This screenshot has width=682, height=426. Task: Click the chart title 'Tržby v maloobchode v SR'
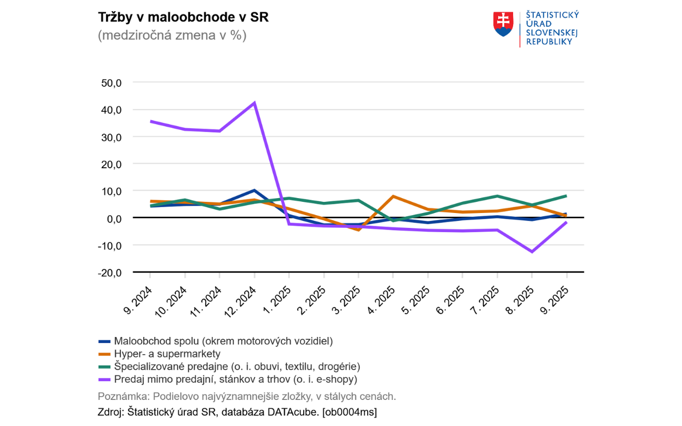[x=183, y=17]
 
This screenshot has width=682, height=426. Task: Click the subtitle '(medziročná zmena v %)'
[x=172, y=36]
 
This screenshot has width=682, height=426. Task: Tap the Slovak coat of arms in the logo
[x=504, y=24]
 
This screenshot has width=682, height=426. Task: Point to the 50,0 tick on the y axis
[x=112, y=83]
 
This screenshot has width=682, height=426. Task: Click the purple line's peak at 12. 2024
[x=254, y=103]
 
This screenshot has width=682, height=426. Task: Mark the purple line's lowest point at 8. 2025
[x=532, y=251]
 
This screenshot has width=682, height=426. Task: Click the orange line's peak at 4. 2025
[x=393, y=196]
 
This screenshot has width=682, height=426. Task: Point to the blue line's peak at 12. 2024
[x=254, y=190]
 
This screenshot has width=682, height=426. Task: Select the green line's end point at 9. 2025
[x=566, y=196]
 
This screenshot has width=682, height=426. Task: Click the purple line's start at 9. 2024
[x=151, y=121]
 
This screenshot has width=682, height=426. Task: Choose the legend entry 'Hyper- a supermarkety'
[x=167, y=354]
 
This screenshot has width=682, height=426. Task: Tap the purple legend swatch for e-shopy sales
[x=104, y=380]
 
